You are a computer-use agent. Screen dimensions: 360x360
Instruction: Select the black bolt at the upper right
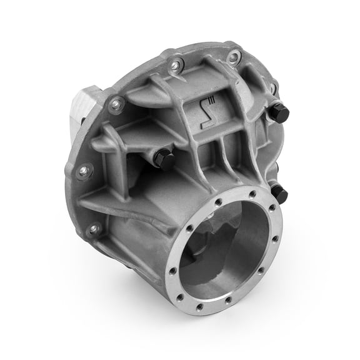tap(279, 113)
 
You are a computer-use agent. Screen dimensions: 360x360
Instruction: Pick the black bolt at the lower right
tap(279, 193)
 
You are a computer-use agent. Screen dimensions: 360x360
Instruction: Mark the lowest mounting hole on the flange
tap(94, 229)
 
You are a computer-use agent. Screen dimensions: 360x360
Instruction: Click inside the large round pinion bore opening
tap(231, 250)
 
